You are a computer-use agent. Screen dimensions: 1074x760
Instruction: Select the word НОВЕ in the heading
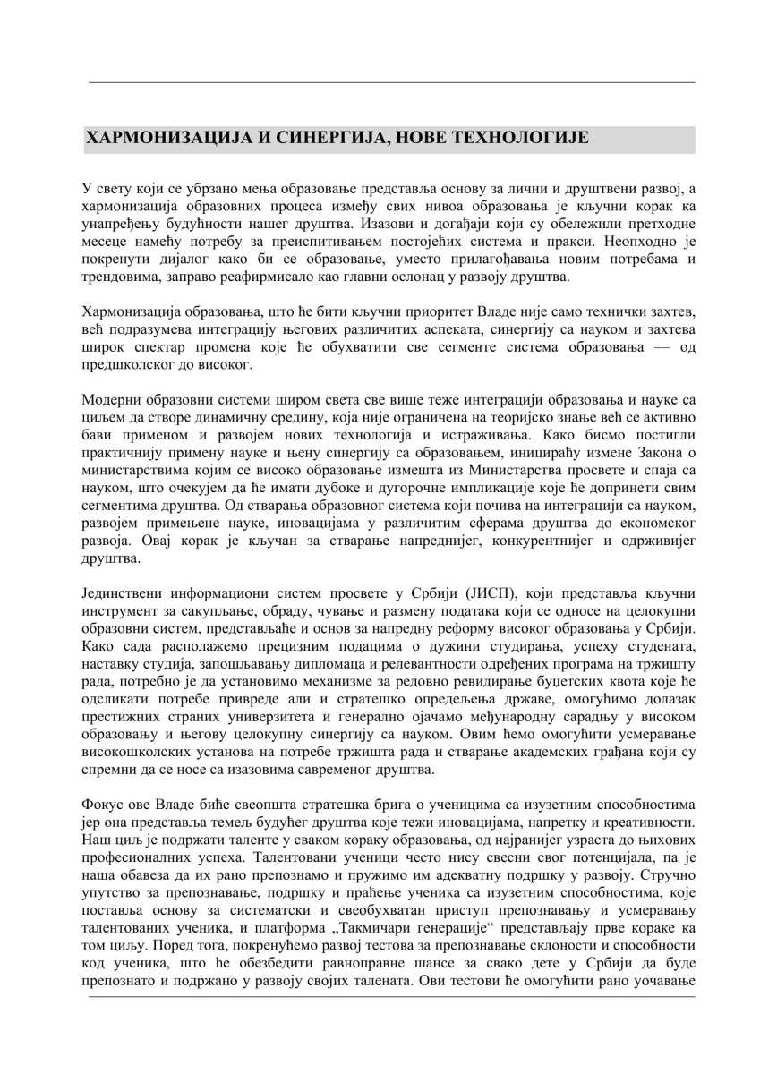pyautogui.click(x=414, y=139)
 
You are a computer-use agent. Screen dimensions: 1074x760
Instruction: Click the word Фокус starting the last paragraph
pyautogui.click(x=103, y=804)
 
